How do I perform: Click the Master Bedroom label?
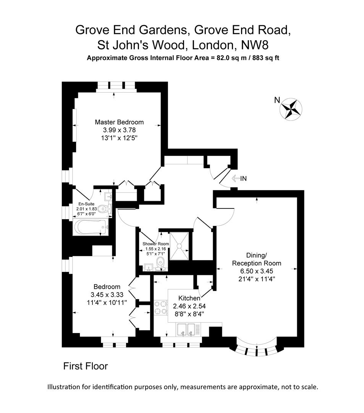point(119,122)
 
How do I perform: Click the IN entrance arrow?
point(239,178)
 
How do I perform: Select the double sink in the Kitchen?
point(186,329)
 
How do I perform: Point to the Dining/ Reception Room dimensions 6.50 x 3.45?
point(257,271)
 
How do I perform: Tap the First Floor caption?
point(86,366)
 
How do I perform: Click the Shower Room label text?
point(155,244)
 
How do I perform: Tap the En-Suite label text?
point(87,204)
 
